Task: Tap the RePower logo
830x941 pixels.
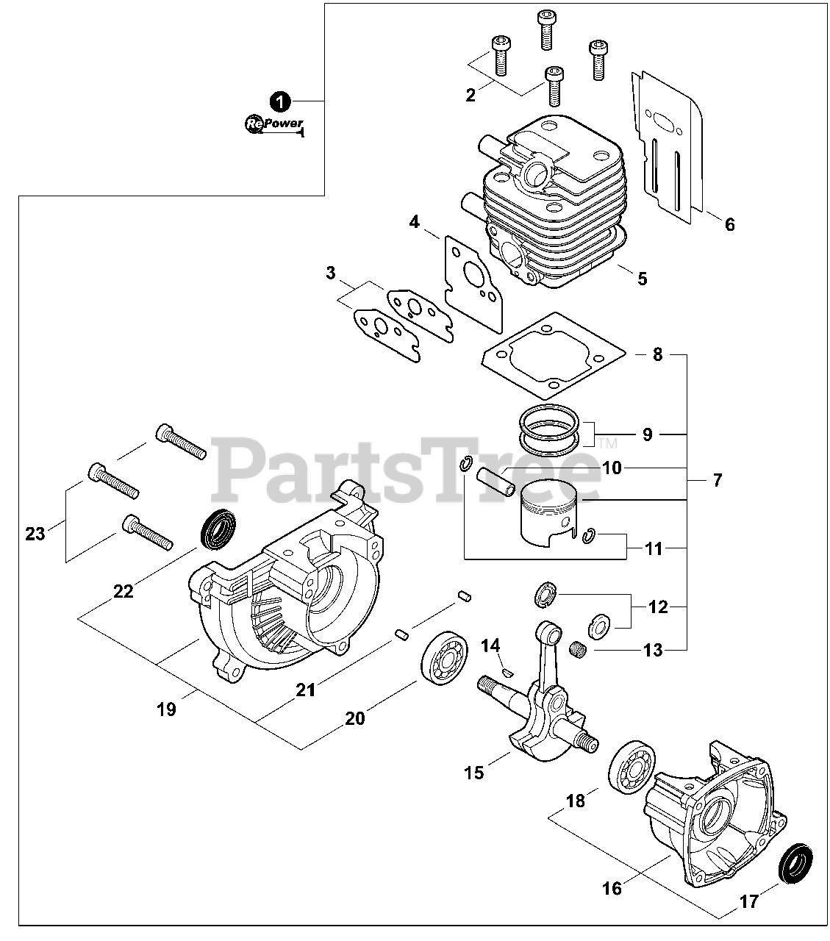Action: [x=273, y=125]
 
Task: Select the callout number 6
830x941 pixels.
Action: [x=729, y=224]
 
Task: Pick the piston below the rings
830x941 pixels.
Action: [x=548, y=518]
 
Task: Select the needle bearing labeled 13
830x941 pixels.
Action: [x=581, y=649]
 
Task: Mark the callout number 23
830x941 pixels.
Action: [x=35, y=533]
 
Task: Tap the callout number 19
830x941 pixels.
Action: [x=166, y=709]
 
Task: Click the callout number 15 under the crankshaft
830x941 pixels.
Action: [x=474, y=773]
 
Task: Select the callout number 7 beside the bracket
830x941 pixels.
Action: [x=717, y=481]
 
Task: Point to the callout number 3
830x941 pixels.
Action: [x=331, y=273]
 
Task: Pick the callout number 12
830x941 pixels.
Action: [x=658, y=607]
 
